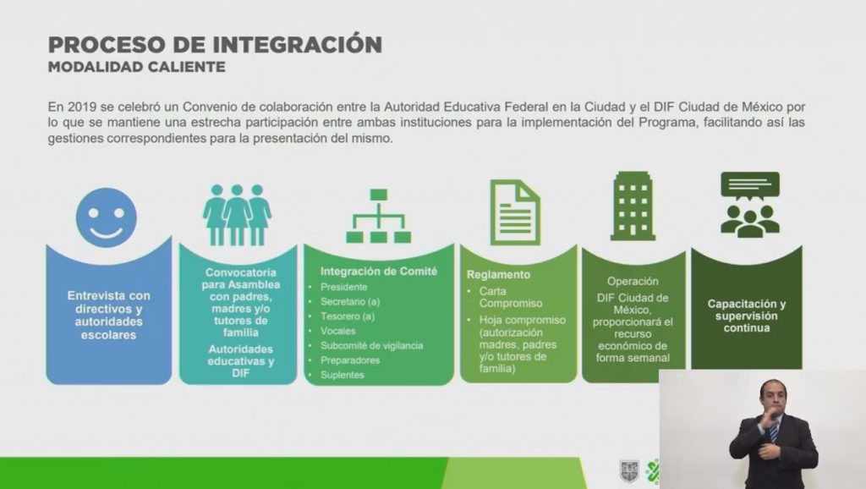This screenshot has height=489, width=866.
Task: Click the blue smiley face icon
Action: (x=106, y=217)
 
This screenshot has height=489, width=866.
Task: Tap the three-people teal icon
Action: (x=237, y=215)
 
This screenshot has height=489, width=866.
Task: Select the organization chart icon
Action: (x=378, y=216)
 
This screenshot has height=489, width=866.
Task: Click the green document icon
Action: (x=515, y=212)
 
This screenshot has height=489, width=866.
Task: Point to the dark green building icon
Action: (x=633, y=206)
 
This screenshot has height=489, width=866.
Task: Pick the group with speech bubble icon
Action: (x=750, y=204)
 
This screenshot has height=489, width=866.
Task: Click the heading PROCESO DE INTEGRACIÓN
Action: (x=215, y=44)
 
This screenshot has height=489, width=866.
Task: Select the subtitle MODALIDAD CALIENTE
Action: (x=136, y=67)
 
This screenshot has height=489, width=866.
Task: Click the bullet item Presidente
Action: (x=343, y=287)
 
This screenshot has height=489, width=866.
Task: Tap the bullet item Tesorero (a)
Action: (x=348, y=316)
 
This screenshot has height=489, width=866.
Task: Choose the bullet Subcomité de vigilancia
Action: (x=372, y=345)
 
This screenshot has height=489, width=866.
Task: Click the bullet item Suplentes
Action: (x=343, y=375)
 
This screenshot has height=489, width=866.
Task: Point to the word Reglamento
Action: (x=498, y=275)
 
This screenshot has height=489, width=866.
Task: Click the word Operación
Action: (x=633, y=281)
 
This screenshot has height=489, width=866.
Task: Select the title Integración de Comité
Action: (x=379, y=272)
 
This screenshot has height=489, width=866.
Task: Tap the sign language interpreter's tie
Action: (x=775, y=429)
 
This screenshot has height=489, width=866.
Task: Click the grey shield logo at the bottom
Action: (x=629, y=470)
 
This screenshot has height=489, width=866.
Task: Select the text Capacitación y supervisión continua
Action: (x=747, y=316)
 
